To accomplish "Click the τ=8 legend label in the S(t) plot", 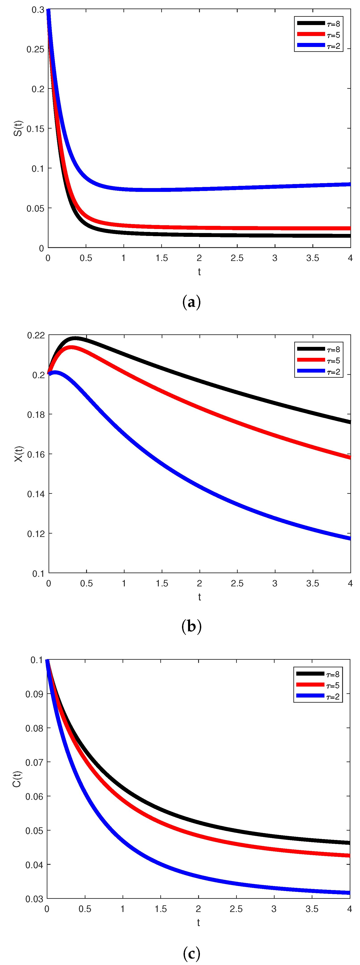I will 333,24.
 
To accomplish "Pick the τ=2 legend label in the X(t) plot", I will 333,372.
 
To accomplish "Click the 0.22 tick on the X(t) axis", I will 36,335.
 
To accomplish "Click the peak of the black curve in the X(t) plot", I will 75,338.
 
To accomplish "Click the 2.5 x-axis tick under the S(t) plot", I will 237,258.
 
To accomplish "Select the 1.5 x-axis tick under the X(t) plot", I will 162,583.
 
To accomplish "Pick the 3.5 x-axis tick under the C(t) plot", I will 312,909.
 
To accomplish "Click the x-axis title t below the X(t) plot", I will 199,597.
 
